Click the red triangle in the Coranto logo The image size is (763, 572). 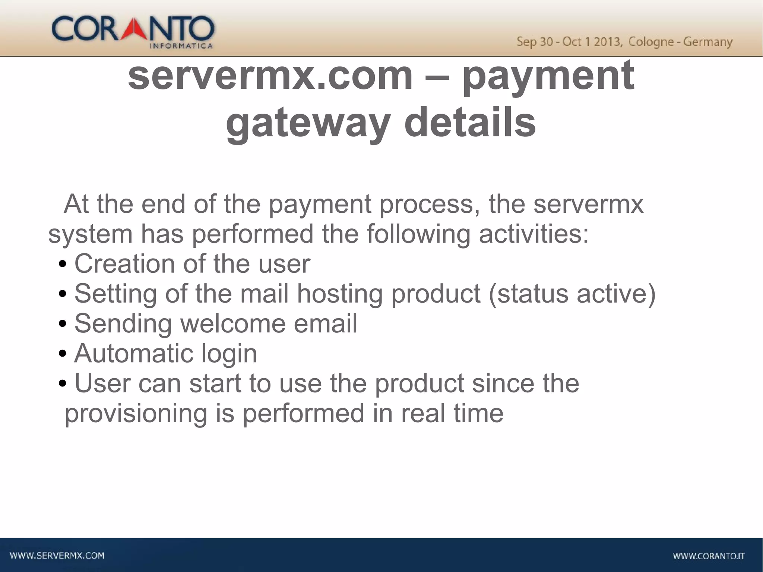tap(136, 30)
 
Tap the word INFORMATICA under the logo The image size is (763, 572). tap(181, 46)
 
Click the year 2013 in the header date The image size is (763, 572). tap(608, 42)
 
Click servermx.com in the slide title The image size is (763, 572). tap(270, 76)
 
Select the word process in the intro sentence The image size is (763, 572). tap(429, 205)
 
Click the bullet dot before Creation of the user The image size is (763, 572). tap(63, 265)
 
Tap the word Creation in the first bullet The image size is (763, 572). tap(124, 264)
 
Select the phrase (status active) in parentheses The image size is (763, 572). tap(572, 294)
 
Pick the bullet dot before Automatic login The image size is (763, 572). tap(63, 354)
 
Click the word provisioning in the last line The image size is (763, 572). tap(136, 414)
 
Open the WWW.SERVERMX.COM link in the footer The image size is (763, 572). tap(57, 556)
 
